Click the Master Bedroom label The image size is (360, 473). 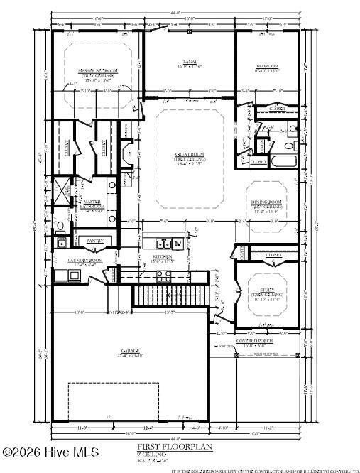97,72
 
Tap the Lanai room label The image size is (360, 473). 189,62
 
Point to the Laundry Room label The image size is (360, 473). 85,261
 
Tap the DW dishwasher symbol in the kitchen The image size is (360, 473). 178,244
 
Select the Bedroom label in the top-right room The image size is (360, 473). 268,67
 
